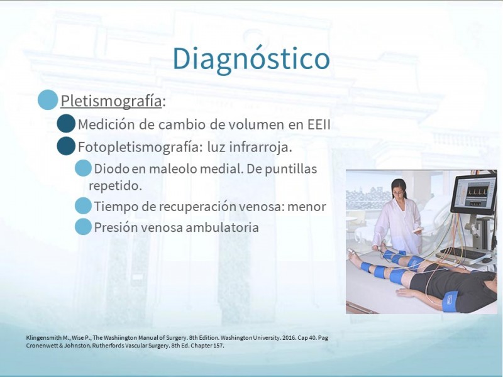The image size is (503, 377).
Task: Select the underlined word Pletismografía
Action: pos(111,101)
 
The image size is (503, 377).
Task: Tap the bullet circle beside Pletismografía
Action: pos(48,100)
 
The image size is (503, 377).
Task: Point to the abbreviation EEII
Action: pos(319,124)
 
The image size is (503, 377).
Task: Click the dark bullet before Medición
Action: pos(66,123)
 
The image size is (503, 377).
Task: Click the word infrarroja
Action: pos(260,147)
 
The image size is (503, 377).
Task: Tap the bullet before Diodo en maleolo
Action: pos(83,168)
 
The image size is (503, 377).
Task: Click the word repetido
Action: pos(115,185)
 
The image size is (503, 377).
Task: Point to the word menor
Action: pos(307,207)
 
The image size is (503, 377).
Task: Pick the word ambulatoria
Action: pos(222,227)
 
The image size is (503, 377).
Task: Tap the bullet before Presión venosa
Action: pos(83,227)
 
